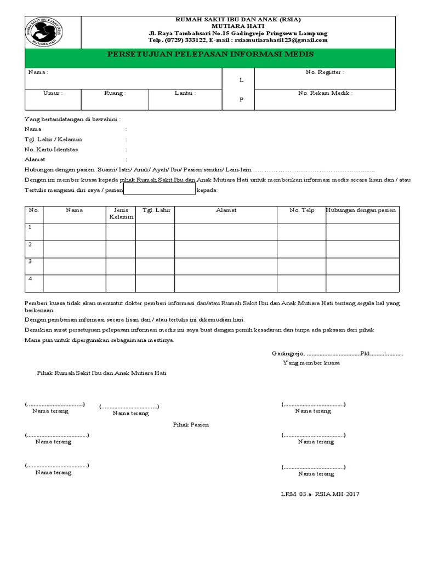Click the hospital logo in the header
pyautogui.click(x=44, y=32)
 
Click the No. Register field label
pyautogui.click(x=325, y=72)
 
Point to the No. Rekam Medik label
pyautogui.click(x=325, y=93)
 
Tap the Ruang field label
pyautogui.click(x=115, y=93)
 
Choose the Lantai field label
pyautogui.click(x=185, y=93)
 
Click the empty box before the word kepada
pyautogui.click(x=159, y=190)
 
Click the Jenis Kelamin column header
pyautogui.click(x=121, y=214)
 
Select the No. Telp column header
pyautogui.click(x=301, y=210)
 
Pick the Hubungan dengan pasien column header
pyautogui.click(x=362, y=210)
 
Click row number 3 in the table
pyautogui.click(x=31, y=262)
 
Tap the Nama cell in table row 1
pyautogui.click(x=74, y=232)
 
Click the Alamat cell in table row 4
pyautogui.click(x=226, y=283)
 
